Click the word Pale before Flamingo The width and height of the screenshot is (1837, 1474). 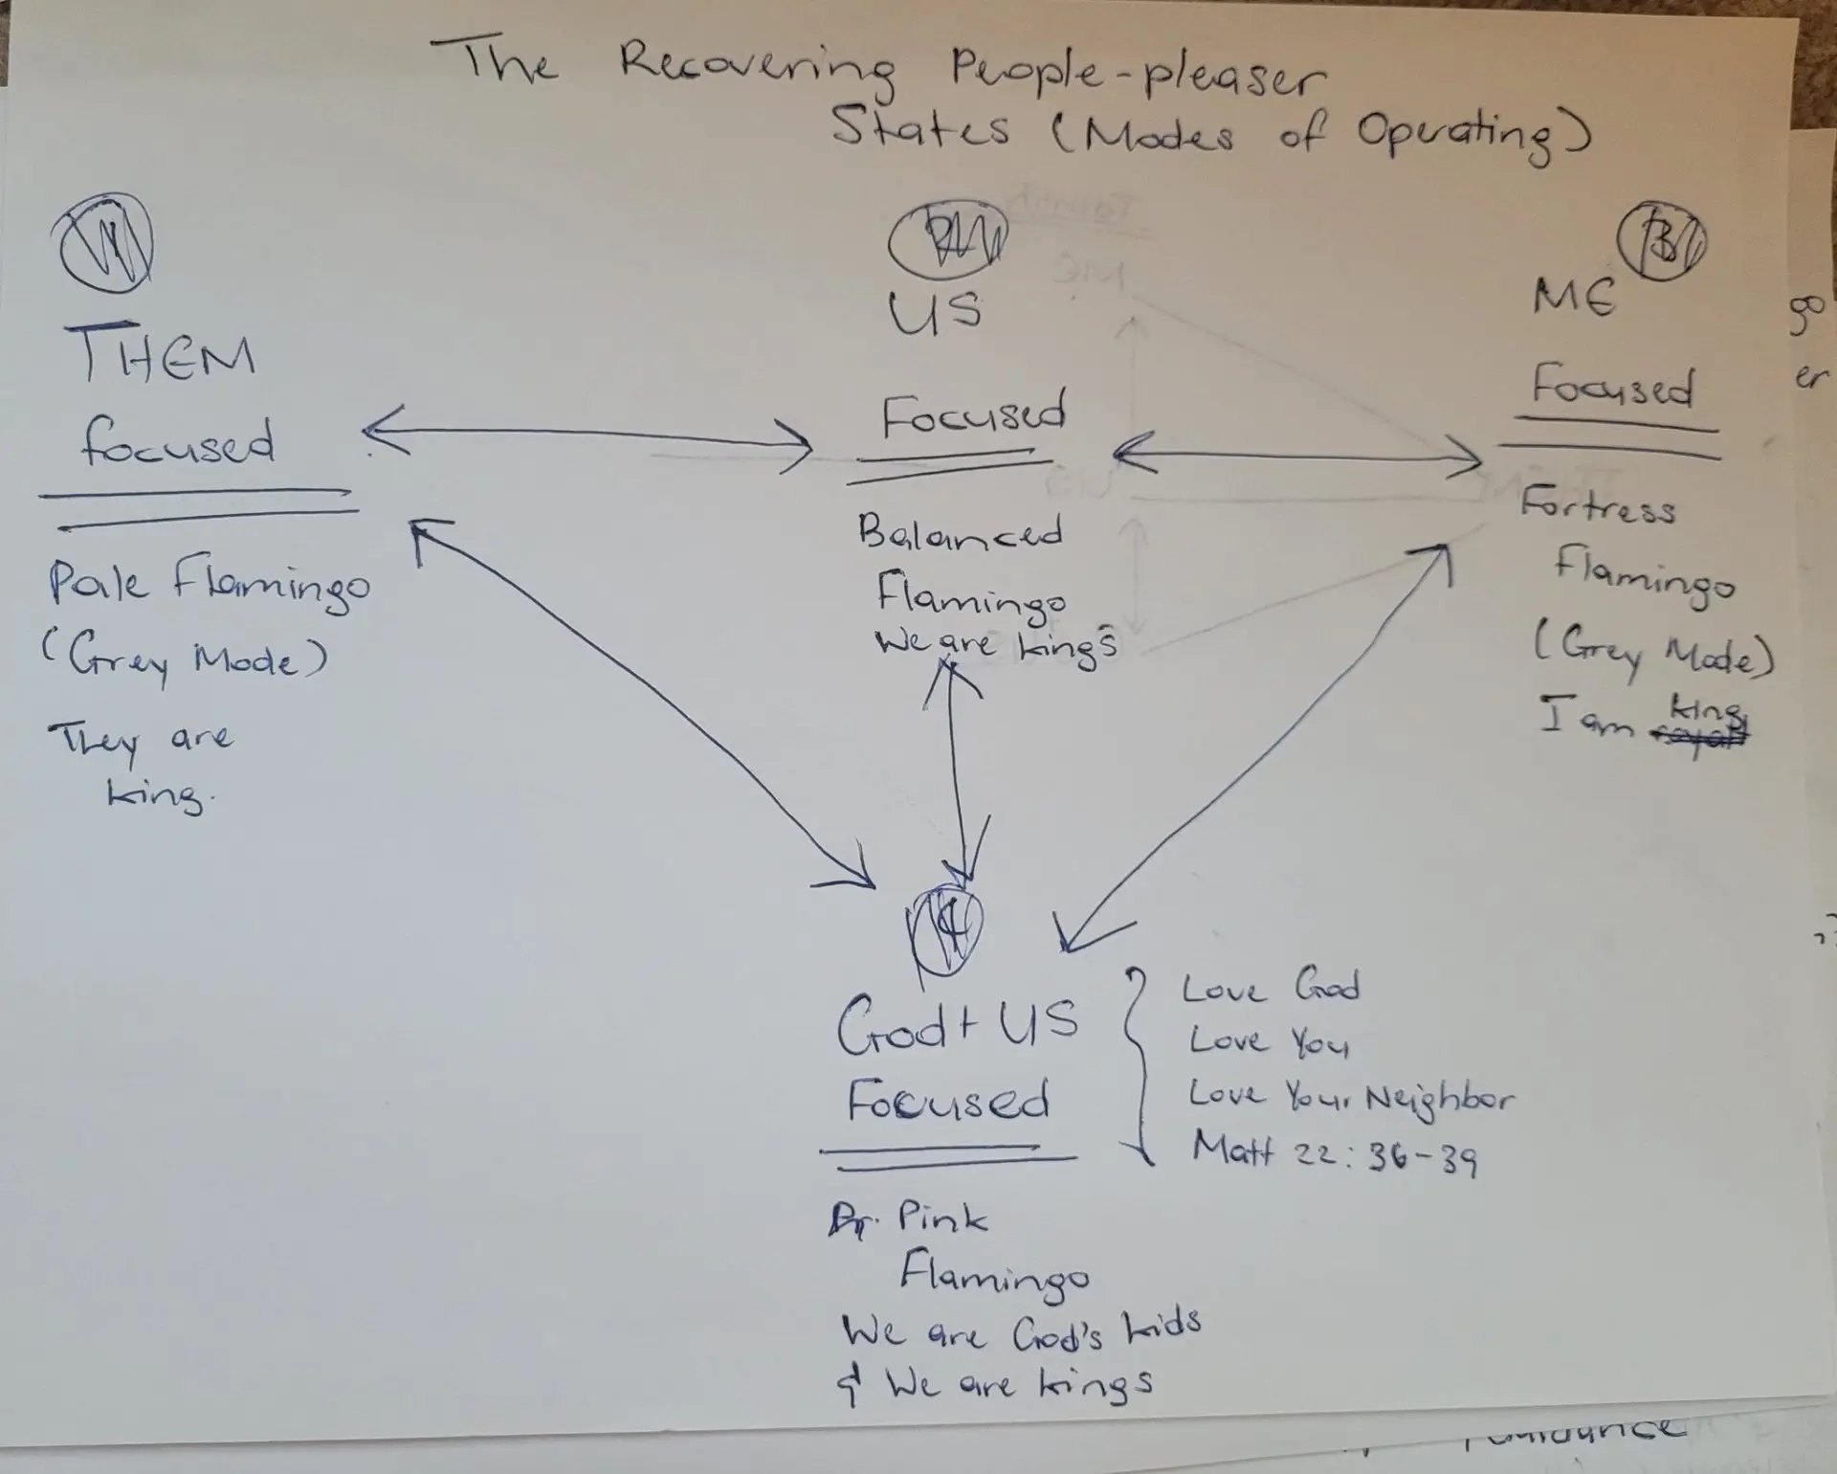(x=99, y=581)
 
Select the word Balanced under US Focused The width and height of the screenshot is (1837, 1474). (x=960, y=533)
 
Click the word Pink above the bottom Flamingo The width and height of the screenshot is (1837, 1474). (x=942, y=1217)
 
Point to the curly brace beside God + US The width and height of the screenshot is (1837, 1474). (x=1137, y=1062)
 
